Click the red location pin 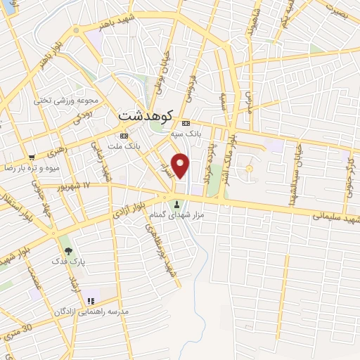coord(181,165)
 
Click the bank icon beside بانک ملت coord(124,135)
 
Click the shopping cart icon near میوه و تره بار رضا coord(32,157)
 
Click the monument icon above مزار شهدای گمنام coord(176,205)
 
